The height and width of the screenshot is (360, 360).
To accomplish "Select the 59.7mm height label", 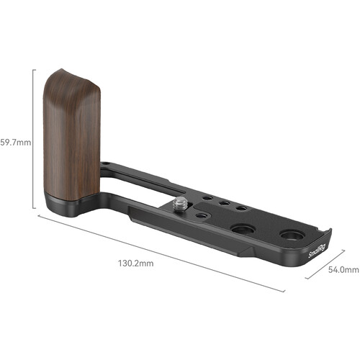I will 16,141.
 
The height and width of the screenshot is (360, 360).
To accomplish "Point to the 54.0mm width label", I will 342,269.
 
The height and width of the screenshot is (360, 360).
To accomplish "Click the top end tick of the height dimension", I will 34,70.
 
